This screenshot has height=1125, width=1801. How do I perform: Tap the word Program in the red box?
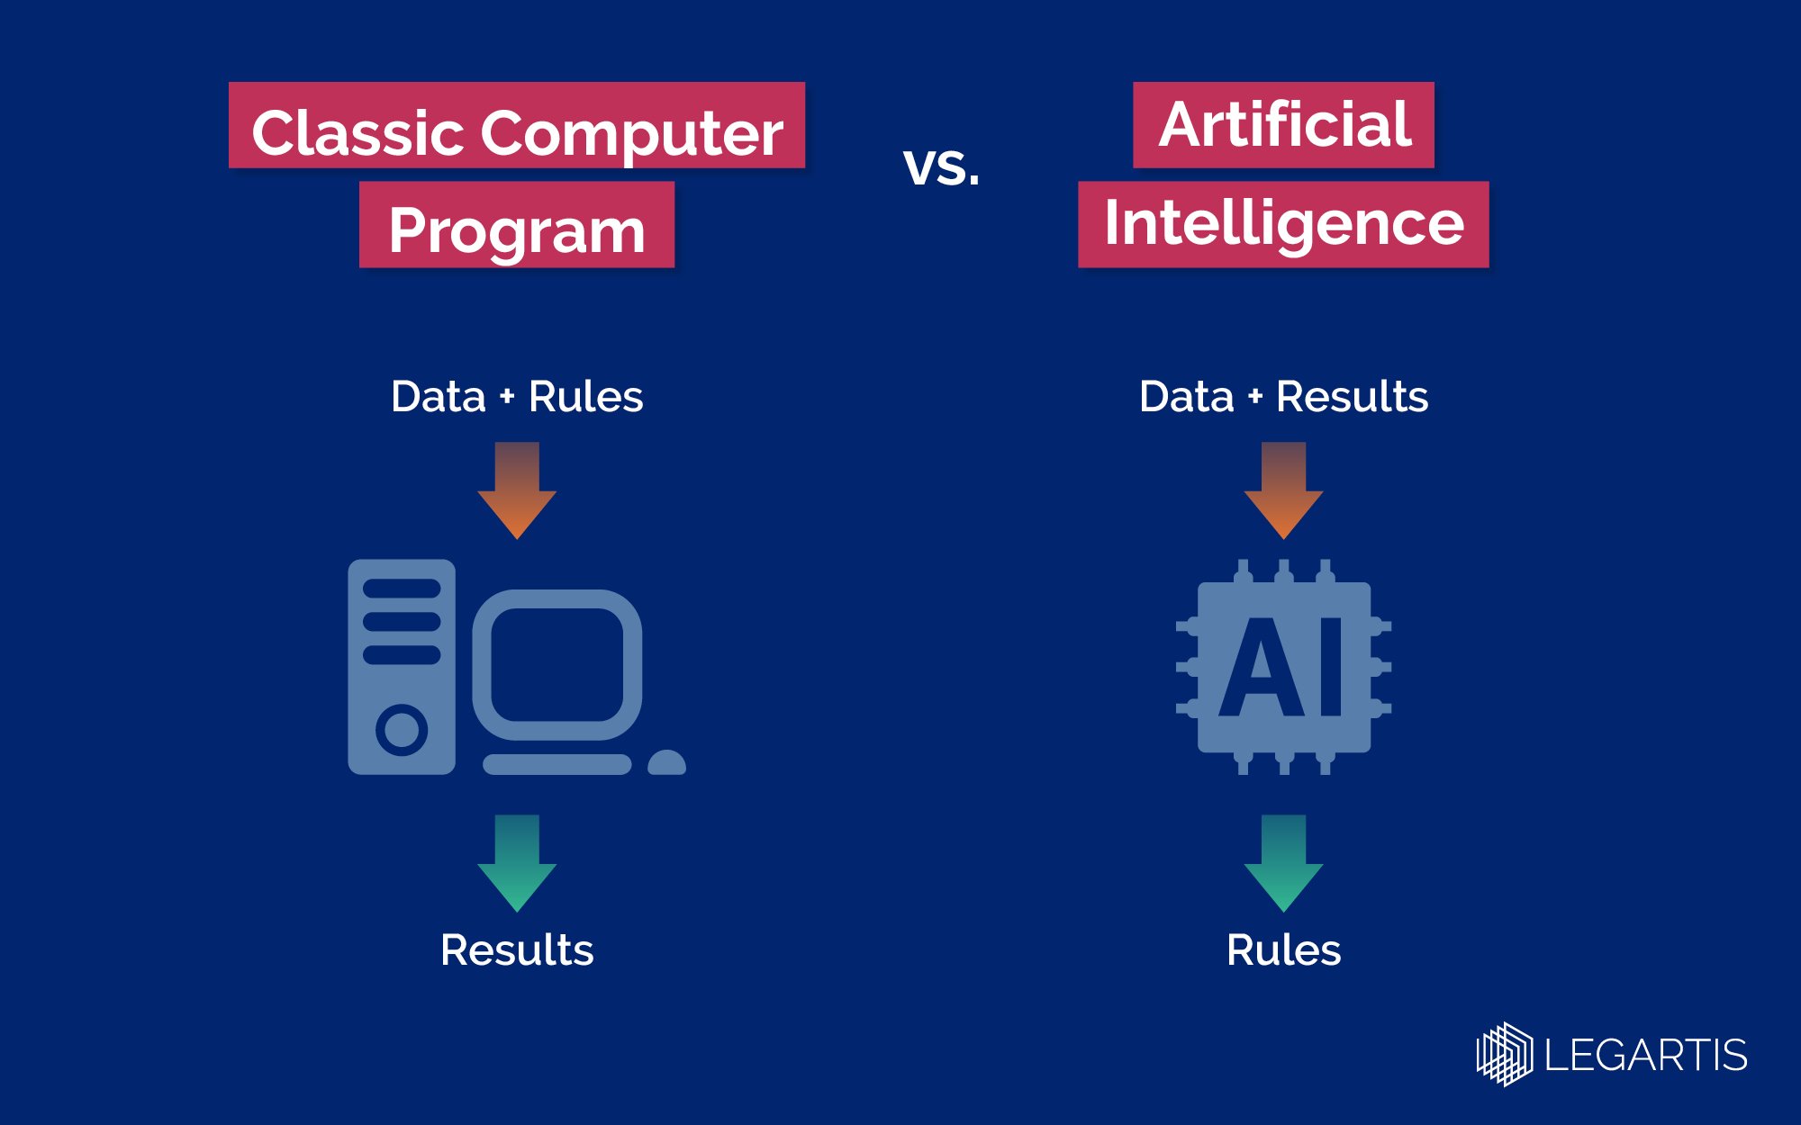point(517,230)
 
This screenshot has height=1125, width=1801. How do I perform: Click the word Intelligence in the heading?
point(1284,223)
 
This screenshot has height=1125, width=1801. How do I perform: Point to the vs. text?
point(941,166)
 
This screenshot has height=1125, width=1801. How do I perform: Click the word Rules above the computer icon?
point(585,397)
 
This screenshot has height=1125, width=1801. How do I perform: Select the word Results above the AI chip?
point(1352,397)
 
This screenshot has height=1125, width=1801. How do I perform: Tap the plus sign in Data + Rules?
point(507,397)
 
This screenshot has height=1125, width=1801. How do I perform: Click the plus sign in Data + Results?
point(1255,397)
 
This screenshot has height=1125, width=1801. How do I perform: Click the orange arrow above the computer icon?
point(517,490)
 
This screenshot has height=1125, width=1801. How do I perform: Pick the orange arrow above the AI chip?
point(1283,490)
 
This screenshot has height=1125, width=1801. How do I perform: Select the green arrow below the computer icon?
point(517,863)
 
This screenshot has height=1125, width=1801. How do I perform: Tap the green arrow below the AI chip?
point(1283,863)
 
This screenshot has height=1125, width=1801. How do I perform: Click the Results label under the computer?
point(517,950)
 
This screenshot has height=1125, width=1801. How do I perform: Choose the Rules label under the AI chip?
point(1283,950)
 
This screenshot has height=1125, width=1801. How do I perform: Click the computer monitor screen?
point(557,664)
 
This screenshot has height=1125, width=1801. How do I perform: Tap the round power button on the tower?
point(402,729)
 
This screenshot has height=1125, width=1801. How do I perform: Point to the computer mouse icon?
point(666,763)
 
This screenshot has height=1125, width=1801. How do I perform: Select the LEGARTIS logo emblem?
point(1504,1054)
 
